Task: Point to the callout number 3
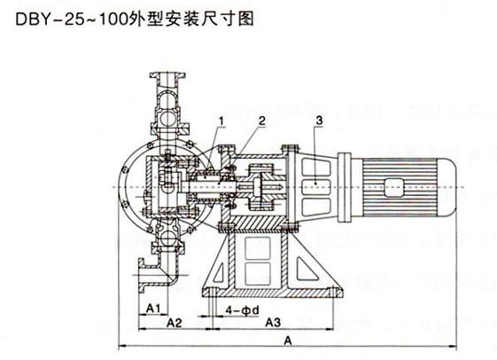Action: tap(319, 119)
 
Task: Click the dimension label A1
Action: tap(151, 308)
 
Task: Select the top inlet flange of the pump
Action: tap(169, 75)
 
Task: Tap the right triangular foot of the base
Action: tap(314, 270)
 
